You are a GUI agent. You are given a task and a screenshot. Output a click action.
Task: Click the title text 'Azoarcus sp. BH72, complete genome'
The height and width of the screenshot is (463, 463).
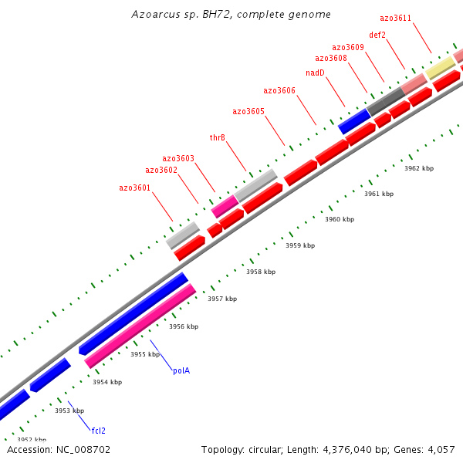[x=231, y=15]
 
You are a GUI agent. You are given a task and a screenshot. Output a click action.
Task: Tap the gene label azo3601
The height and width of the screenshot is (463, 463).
[x=135, y=188]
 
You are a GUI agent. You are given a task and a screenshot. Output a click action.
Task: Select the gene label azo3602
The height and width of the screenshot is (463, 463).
[x=161, y=170]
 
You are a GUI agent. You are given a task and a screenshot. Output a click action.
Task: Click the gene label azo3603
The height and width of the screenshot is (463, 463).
[x=178, y=158]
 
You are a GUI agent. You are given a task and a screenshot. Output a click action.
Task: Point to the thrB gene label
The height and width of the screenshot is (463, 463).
[x=218, y=137]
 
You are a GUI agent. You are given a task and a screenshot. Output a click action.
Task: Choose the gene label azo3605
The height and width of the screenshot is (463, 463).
[x=248, y=111]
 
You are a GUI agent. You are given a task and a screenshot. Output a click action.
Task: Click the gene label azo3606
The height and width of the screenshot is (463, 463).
[x=279, y=90]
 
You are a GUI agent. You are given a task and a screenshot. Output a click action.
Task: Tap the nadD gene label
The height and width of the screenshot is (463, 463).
[x=315, y=73]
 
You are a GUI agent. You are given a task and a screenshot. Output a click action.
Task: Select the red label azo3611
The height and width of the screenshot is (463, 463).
[x=396, y=18]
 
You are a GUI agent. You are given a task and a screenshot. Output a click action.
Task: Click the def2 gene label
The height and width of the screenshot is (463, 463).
[x=377, y=34]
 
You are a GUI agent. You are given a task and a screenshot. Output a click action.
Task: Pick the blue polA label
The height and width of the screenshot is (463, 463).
[x=181, y=370]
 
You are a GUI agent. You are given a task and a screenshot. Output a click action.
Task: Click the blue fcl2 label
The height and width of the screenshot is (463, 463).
[x=99, y=431]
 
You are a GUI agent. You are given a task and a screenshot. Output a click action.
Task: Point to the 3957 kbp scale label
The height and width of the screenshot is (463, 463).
[x=222, y=299]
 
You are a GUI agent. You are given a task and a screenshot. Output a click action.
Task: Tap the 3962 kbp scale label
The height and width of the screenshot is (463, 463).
[x=419, y=168]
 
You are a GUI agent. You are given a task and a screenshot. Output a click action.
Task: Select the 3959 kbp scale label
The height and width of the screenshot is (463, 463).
[x=300, y=245]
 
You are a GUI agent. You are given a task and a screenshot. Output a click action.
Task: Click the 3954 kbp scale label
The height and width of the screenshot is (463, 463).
[x=107, y=382]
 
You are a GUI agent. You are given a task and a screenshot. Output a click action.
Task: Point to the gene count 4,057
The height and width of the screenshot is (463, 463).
[x=441, y=449]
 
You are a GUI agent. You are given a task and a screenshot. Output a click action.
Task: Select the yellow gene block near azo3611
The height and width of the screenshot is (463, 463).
[x=441, y=67]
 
